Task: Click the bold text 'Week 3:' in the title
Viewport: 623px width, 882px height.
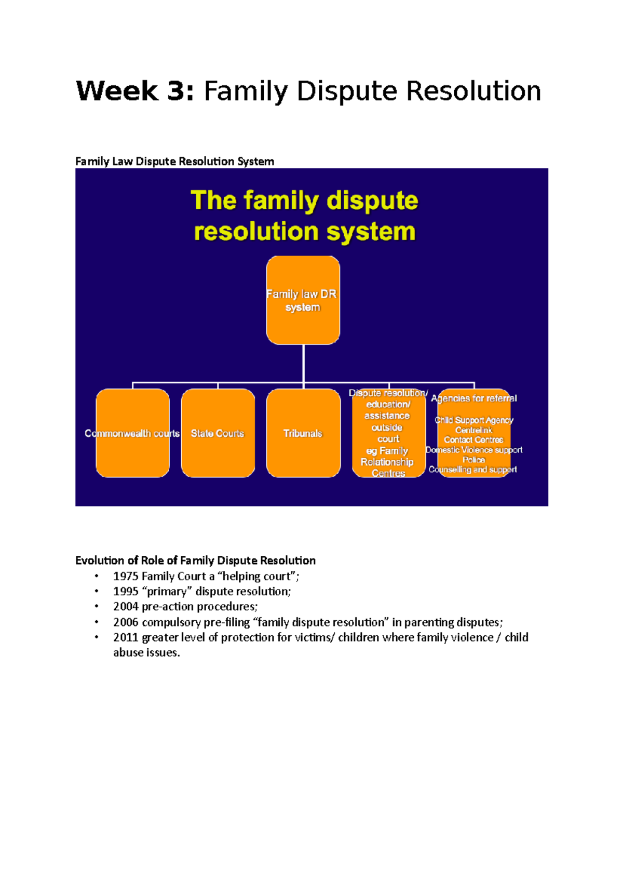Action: click(136, 91)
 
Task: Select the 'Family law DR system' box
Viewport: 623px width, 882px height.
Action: click(303, 300)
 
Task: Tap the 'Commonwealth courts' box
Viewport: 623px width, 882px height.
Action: click(132, 433)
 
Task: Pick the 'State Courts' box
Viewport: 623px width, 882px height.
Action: click(218, 433)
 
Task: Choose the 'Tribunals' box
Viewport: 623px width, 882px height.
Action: click(303, 433)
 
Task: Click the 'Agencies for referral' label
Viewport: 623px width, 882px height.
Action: click(474, 398)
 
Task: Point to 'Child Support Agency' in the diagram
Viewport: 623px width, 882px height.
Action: click(474, 420)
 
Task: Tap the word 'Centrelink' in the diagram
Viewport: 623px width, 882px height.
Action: click(473, 430)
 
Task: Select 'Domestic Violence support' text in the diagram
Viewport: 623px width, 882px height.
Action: click(474, 450)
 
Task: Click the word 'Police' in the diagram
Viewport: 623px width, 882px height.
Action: click(473, 460)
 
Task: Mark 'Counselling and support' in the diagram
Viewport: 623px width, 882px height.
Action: click(473, 470)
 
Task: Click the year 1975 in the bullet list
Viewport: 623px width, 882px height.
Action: click(126, 576)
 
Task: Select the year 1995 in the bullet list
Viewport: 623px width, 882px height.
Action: click(126, 592)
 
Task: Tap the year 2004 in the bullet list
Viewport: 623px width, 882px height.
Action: click(126, 607)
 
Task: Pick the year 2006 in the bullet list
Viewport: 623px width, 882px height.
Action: click(126, 622)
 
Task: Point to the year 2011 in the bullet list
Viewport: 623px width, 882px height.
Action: click(126, 637)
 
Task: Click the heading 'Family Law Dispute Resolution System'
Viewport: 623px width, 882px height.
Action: click(174, 162)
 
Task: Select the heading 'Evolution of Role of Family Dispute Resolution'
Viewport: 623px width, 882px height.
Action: click(195, 560)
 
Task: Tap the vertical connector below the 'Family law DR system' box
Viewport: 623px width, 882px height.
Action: click(303, 364)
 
